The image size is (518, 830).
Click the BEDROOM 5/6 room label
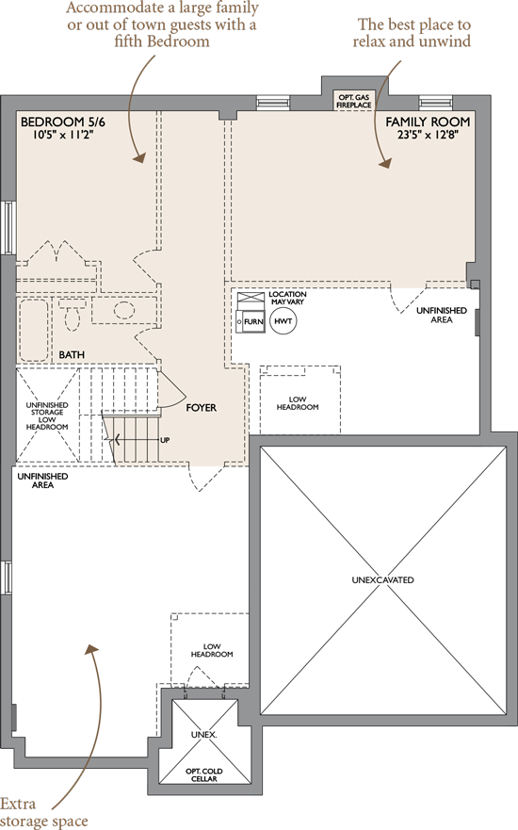coord(63,122)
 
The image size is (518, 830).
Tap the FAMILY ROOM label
coord(428,122)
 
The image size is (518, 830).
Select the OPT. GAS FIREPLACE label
coord(354,102)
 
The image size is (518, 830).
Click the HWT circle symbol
coord(283,321)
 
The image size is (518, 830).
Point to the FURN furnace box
coord(251,321)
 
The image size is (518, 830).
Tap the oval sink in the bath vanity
coord(124,310)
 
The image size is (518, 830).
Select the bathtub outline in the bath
coord(34,330)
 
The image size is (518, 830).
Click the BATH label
coord(72,354)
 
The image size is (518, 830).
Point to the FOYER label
coord(201,408)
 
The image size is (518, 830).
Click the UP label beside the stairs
coord(165,440)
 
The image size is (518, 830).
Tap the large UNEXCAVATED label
coord(382,580)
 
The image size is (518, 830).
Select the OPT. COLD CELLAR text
coord(203,775)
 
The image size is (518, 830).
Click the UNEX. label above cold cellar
coord(203,735)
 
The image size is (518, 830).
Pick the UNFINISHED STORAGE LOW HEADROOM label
coord(47,416)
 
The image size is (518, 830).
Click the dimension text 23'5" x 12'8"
coord(428,135)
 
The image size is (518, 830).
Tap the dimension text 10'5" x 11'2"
coord(63,135)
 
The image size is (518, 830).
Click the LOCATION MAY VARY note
coord(287,298)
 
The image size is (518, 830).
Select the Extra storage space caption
coord(44,812)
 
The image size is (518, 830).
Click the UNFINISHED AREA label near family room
coord(442,315)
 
